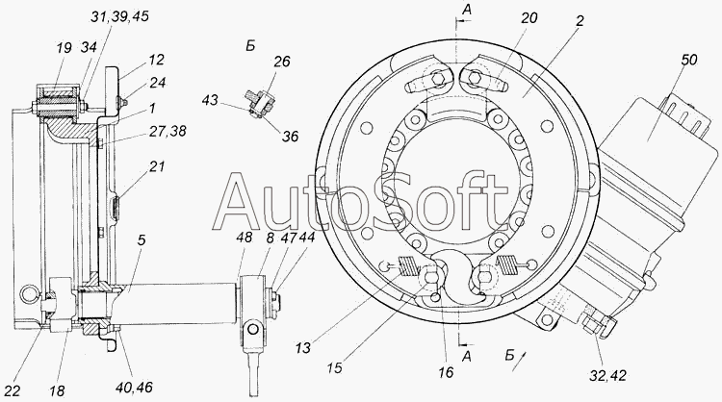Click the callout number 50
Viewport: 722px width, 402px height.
688,60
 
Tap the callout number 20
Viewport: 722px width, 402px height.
529,18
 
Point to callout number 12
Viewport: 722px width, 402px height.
157,60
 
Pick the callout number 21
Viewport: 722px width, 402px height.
157,165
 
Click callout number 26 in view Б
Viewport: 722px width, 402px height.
282,61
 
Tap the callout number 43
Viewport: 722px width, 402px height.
210,99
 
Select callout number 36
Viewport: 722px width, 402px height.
290,137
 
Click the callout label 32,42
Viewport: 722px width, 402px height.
607,375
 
